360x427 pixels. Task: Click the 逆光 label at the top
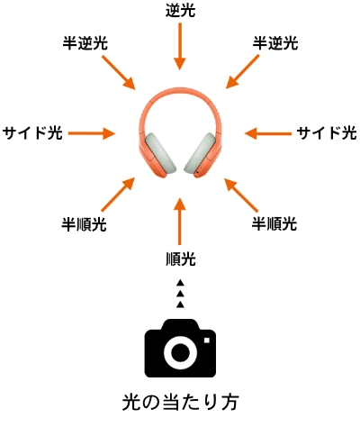(180, 11)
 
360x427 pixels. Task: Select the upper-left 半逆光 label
(85, 43)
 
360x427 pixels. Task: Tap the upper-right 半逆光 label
(275, 43)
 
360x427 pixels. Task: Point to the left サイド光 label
(32, 132)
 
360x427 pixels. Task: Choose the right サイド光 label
(327, 132)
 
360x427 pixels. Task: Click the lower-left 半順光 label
(84, 224)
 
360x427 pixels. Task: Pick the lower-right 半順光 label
(274, 223)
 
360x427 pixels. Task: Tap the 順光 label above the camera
(181, 259)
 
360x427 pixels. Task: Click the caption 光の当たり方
(180, 402)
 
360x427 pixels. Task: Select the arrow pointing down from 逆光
(180, 47)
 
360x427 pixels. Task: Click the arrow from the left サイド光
(92, 133)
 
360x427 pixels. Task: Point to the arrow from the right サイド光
(268, 133)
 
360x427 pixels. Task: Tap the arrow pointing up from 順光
(180, 222)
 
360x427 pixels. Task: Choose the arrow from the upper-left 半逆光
(119, 72)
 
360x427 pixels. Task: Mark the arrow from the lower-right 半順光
(241, 195)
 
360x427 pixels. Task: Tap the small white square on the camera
(207, 341)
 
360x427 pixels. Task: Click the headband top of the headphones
(180, 89)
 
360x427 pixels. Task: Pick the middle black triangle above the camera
(180, 294)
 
